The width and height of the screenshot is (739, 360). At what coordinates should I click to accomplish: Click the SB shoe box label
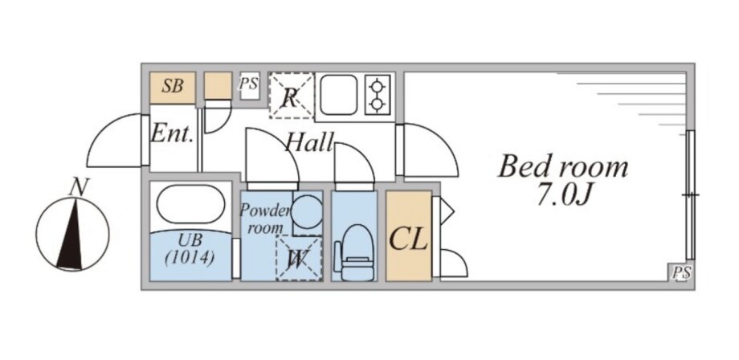tap(173, 86)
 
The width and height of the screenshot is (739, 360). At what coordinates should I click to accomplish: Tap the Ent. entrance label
tap(172, 134)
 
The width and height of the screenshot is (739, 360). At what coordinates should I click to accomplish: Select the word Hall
tap(309, 141)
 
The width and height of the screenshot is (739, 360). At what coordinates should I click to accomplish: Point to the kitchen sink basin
tap(338, 95)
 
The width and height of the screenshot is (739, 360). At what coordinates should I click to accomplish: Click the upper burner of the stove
tap(377, 87)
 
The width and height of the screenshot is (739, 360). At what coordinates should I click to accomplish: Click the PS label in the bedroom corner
tap(681, 272)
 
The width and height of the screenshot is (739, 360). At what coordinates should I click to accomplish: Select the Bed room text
tap(563, 167)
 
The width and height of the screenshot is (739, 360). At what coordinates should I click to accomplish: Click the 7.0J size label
tap(563, 195)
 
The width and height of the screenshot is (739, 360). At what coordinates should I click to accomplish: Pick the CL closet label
tap(408, 239)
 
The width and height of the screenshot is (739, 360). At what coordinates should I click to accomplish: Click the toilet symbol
tap(357, 252)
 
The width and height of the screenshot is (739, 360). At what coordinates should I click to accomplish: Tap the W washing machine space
tap(299, 258)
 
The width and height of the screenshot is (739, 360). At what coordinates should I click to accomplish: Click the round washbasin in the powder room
tap(307, 211)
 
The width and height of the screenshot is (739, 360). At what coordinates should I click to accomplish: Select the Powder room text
tap(264, 219)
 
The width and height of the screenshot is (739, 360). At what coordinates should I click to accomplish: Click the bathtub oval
tap(190, 203)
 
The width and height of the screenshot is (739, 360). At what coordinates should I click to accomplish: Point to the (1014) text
tap(190, 258)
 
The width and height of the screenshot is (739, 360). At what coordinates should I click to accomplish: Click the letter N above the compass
tap(79, 187)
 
